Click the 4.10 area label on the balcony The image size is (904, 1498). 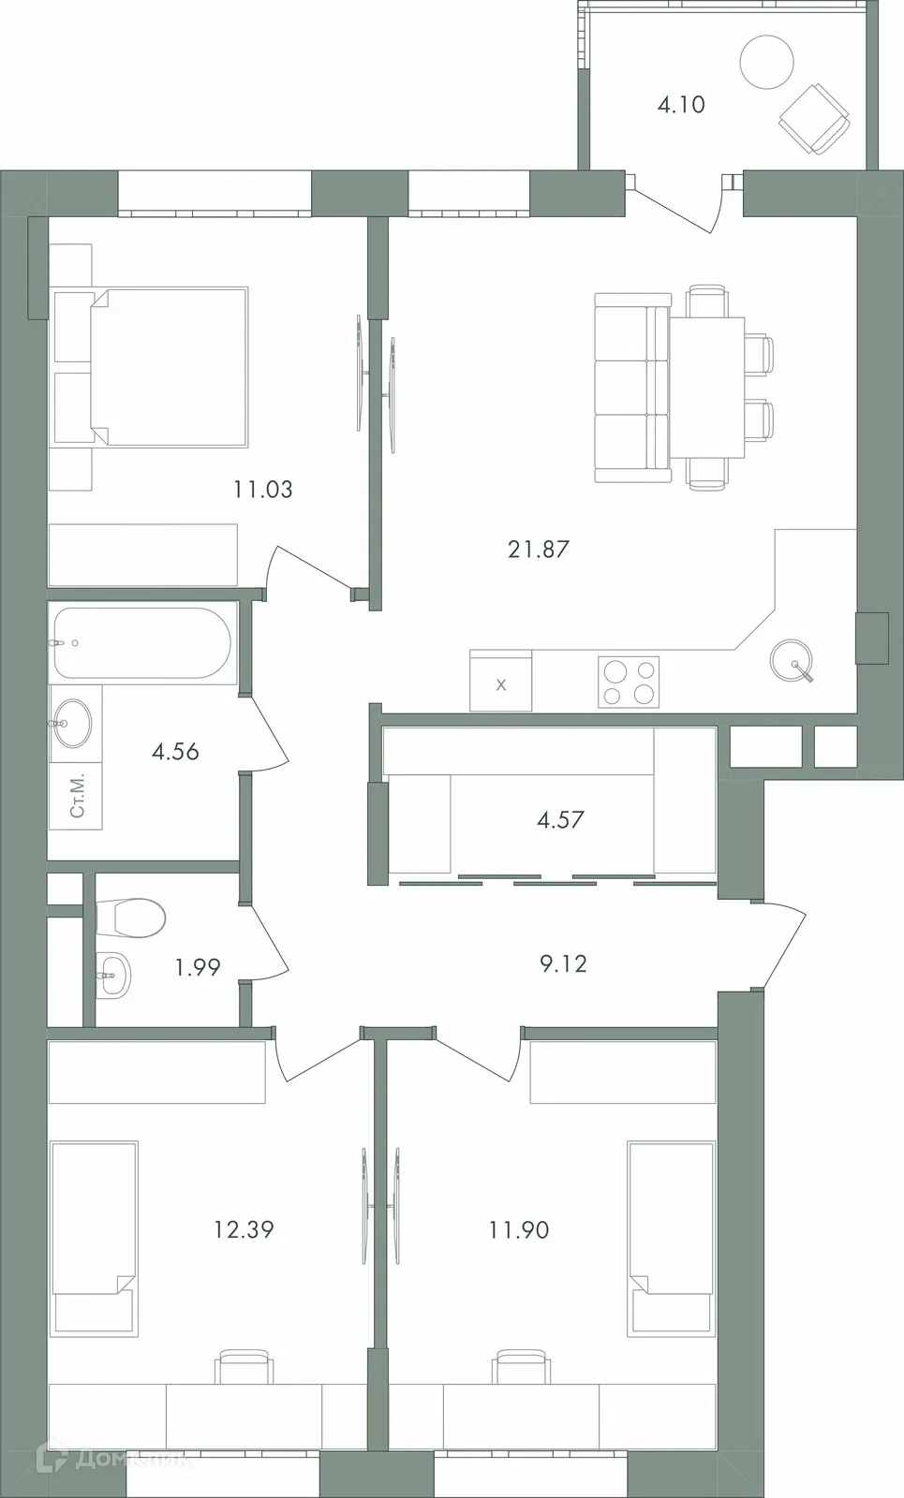coord(681,105)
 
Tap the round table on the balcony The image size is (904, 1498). coord(766,62)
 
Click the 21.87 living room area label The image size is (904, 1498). coord(539,550)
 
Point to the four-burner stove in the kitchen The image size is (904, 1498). coord(629,682)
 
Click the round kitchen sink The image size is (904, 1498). coord(793,661)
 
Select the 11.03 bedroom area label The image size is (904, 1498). coord(263,489)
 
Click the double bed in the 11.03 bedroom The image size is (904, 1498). coord(169,366)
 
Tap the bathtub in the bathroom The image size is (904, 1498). coord(141,643)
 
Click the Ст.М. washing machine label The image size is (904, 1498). coord(77,795)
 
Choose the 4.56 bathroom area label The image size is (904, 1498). coord(175,752)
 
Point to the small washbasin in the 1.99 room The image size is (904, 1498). coord(111,976)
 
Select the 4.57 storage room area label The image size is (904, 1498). coord(560,820)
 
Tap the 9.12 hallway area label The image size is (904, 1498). coord(563,963)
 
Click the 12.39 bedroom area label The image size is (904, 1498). coord(244,1229)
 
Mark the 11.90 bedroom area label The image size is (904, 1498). coord(519,1230)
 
